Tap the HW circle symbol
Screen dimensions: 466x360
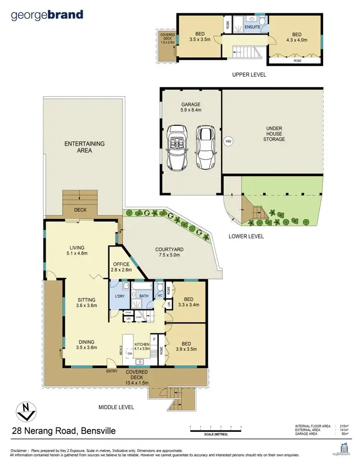228,141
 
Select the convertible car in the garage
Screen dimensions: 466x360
177,148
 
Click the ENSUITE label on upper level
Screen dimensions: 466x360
252,27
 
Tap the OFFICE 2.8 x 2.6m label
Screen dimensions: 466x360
121,267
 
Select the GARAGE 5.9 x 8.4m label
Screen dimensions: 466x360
191,107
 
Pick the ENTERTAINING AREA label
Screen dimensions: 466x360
84,147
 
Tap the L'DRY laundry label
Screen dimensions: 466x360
120,296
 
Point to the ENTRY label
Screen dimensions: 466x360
112,371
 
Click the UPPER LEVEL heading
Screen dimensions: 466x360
249,74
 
